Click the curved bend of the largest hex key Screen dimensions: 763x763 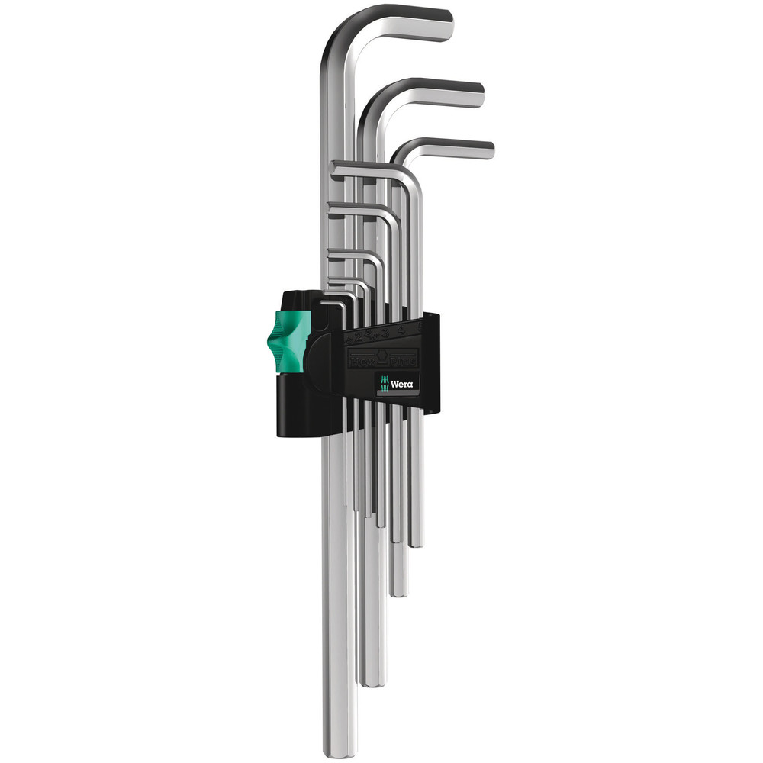click(336, 34)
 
